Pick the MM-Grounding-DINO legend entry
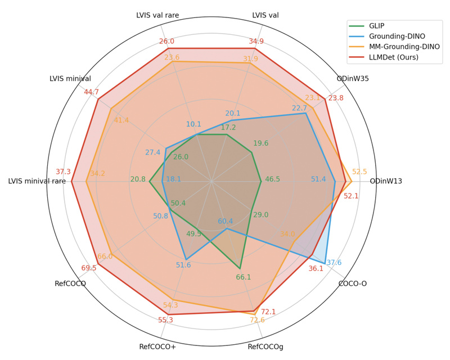402,47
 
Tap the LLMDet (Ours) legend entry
394,57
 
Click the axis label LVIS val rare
157,15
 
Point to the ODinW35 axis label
353,79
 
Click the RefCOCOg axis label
265,346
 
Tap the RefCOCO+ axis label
157,346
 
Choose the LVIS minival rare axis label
37,181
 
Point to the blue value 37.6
334,263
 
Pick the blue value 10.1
193,124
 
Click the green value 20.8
138,179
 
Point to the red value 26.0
166,41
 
